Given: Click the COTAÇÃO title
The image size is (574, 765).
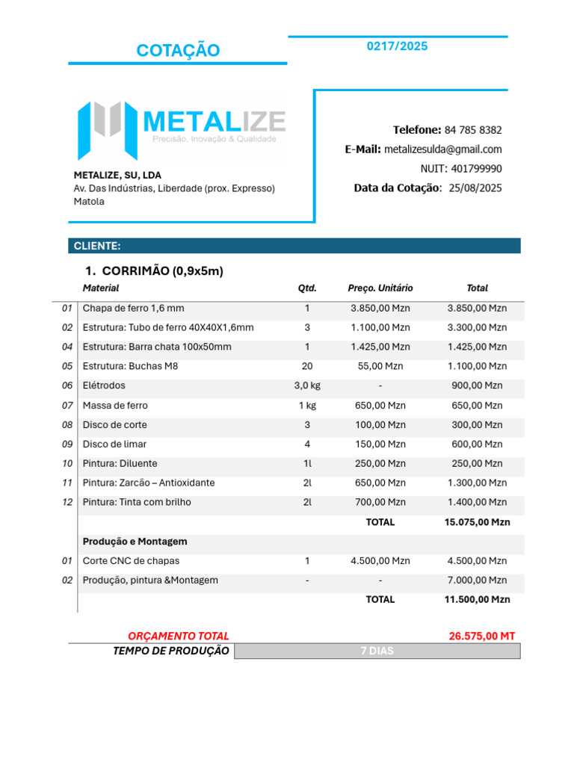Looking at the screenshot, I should pos(178,51).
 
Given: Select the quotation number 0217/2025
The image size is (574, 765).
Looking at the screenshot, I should pos(397,46).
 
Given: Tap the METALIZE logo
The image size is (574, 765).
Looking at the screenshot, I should pos(182,128).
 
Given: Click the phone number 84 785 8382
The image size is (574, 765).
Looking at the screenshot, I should pos(473,130).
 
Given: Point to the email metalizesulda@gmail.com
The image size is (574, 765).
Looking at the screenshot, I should pos(442,149).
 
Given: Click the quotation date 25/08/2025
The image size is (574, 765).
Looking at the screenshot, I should pos(475,188).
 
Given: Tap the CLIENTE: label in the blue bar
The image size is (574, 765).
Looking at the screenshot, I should pos(97,246).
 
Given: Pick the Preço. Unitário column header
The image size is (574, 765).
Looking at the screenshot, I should pos(380,288).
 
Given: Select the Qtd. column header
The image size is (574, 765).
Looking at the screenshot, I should pos(307,288).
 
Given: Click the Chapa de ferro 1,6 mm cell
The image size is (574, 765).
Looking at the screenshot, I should pos(133,309).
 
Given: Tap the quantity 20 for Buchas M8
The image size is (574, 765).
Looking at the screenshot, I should pos(307,367).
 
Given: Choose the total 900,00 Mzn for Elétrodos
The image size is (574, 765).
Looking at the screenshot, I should pos(477,386).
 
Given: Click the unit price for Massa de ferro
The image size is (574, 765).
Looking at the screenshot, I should pos(380,406).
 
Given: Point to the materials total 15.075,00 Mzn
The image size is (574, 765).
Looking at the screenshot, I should pos(477,522).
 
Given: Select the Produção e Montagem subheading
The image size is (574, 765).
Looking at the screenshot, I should pos(135,542).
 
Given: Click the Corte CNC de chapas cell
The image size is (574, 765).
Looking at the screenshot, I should pos(131,561).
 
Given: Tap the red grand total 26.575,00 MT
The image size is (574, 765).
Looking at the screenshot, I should pos(482,637).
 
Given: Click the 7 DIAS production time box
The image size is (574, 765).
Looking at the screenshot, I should pos(377,651).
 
